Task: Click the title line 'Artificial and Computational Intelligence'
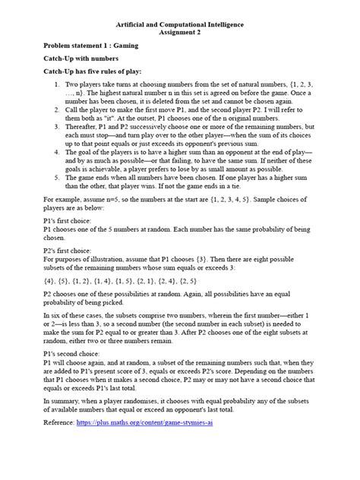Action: coord(180,24)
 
